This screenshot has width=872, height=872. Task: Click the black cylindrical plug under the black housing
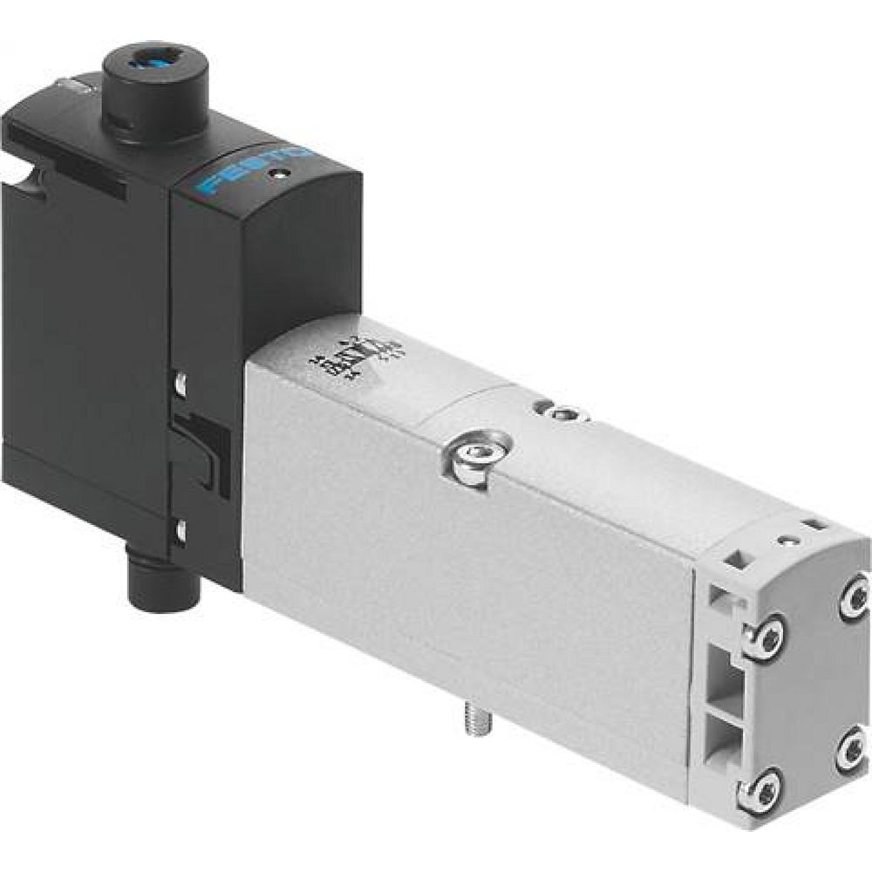click(162, 586)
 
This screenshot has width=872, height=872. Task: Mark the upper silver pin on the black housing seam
click(181, 381)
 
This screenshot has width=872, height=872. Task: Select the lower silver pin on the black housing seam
click(180, 529)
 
